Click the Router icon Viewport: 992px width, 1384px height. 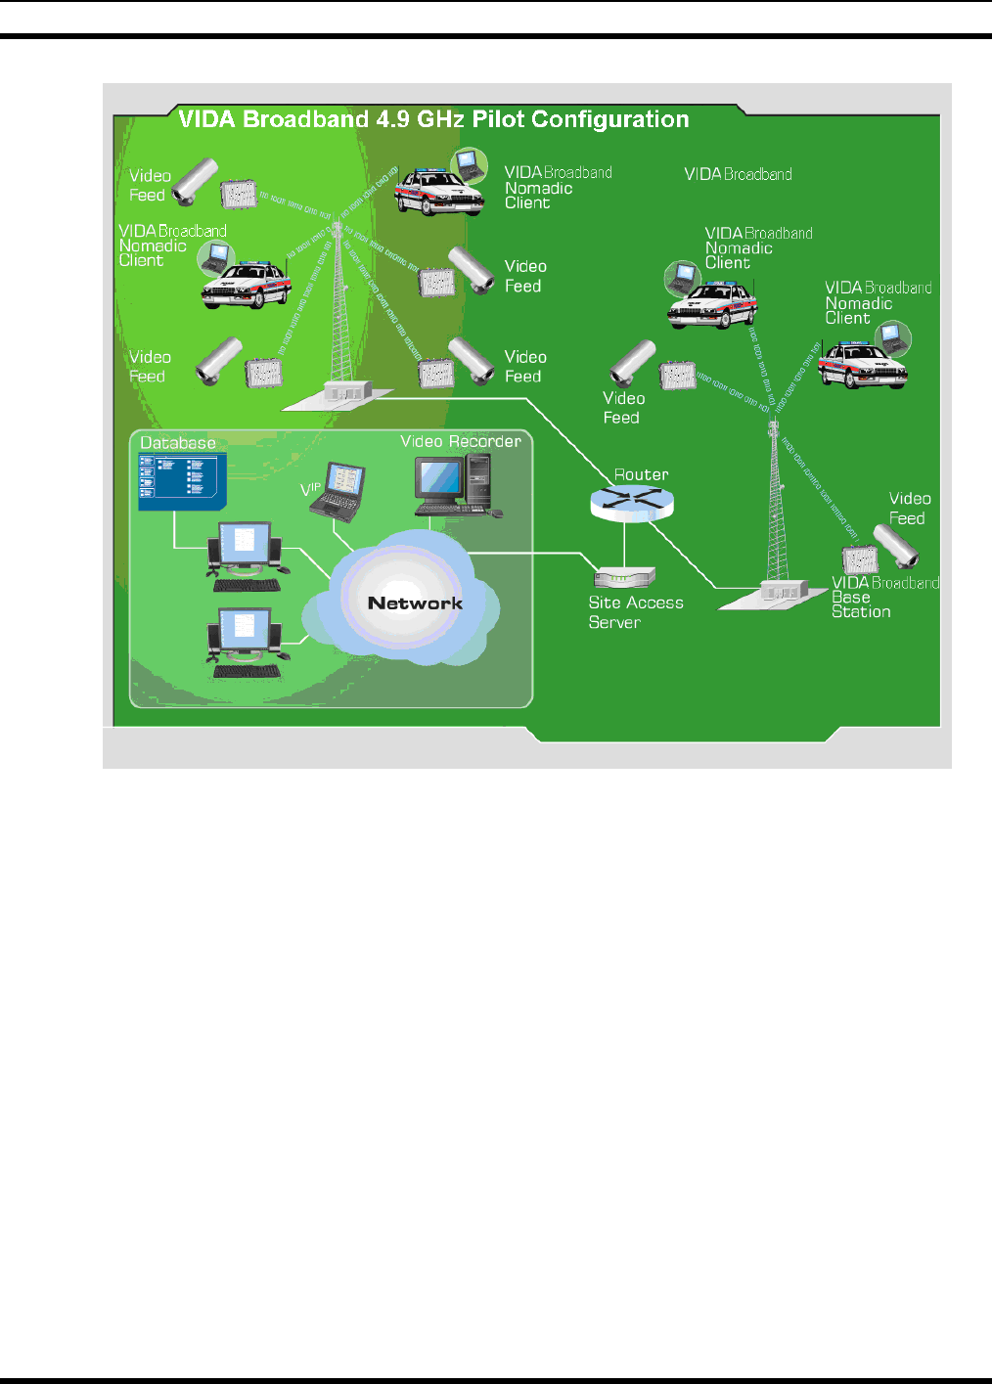coord(632,502)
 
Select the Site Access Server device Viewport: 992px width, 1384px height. coord(624,577)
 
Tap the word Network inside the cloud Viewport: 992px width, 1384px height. coord(415,603)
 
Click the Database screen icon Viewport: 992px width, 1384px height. coord(182,481)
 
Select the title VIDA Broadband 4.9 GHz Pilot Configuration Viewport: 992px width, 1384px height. coord(433,119)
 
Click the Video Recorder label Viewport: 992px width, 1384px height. coord(461,441)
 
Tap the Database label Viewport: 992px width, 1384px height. coord(178,443)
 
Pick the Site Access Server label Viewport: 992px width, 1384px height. coord(635,612)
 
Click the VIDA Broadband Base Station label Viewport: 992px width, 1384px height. coord(883,597)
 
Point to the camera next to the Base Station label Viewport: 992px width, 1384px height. coord(896,547)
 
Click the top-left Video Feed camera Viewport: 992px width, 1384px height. coord(195,182)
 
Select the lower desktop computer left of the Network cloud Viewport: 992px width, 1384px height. coord(245,643)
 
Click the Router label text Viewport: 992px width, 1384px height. coord(641,474)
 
